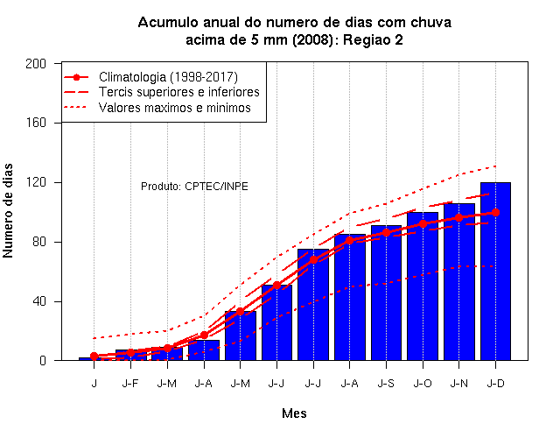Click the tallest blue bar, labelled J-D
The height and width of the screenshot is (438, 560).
495,272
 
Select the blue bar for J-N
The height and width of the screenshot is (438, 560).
458,282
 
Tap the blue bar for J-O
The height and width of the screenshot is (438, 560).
423,286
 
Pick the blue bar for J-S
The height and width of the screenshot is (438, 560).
386,293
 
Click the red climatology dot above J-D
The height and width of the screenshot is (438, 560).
495,212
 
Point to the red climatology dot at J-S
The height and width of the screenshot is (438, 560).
386,233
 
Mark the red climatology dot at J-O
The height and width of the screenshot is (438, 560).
423,224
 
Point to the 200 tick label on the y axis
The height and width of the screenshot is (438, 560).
36,64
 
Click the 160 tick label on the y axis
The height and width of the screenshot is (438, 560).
36,123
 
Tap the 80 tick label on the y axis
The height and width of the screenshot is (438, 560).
39,242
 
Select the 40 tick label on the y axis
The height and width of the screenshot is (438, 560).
39,301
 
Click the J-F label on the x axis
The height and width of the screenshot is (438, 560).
130,384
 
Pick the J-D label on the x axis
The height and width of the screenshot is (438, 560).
495,384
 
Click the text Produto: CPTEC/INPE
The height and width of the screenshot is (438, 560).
194,187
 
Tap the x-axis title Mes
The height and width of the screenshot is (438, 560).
294,413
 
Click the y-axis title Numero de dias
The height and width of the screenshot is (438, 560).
8,211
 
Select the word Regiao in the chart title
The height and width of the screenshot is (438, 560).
367,39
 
